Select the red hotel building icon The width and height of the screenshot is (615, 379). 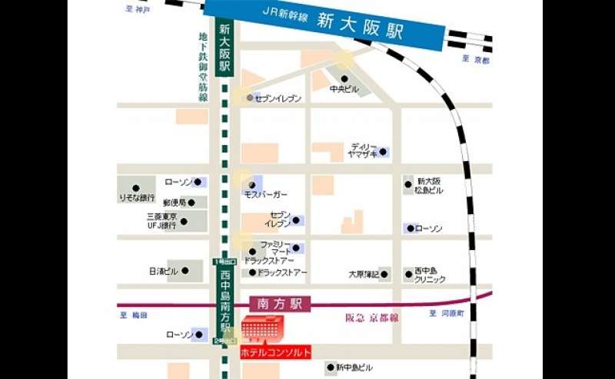click(264, 330)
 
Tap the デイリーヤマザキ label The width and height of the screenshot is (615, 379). click(364, 150)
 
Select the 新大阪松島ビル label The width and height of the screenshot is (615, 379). click(430, 184)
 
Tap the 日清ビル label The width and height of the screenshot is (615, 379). click(163, 272)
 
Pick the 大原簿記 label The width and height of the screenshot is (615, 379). click(364, 273)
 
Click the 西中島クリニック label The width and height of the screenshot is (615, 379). click(430, 275)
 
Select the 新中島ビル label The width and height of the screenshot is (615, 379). click(354, 368)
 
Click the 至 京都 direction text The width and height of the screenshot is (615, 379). click(475, 60)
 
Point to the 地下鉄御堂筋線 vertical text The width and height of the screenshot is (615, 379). click(203, 68)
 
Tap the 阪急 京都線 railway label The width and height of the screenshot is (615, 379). click(373, 316)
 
